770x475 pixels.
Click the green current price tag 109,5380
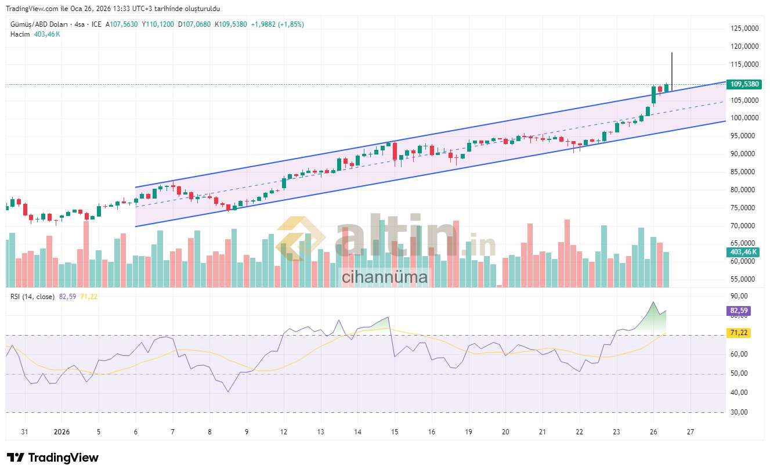tap(744, 84)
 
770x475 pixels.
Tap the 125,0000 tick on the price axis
tap(744, 28)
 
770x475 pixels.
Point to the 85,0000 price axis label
tap(744, 172)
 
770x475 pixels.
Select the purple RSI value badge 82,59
tap(738, 311)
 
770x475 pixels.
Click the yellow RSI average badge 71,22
tap(738, 333)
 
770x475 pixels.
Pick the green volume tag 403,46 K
tap(744, 252)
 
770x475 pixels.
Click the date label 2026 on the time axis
tap(62, 432)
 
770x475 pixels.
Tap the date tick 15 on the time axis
tap(395, 432)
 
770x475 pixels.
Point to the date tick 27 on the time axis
tap(691, 432)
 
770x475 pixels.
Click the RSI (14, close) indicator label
tap(32, 297)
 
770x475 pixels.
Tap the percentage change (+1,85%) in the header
tap(291, 24)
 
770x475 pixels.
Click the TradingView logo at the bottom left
tap(53, 458)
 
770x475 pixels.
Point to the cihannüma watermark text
tap(384, 277)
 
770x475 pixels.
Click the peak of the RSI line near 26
tap(653, 302)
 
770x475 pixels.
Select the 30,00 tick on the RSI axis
tap(738, 412)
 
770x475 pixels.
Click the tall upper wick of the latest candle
tap(672, 67)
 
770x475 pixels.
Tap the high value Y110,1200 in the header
tap(158, 24)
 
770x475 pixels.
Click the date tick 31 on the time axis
tap(24, 432)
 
